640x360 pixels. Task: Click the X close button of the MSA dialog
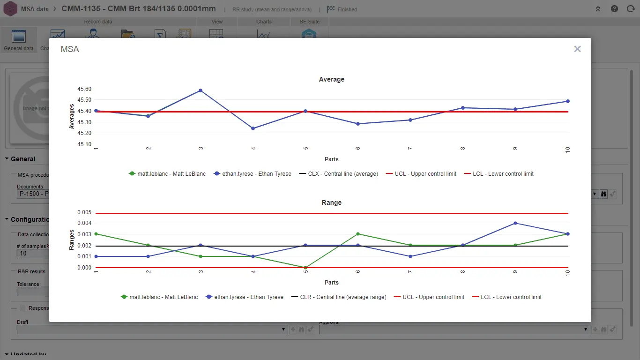tap(577, 49)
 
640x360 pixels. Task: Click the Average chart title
tap(332, 80)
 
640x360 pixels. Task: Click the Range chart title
tap(332, 203)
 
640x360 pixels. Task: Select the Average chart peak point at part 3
tap(201, 90)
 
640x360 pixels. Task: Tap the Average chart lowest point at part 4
tap(253, 128)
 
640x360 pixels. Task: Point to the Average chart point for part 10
tap(568, 101)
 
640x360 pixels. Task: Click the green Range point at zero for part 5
tap(305, 268)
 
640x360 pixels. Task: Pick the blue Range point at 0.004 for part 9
tap(515, 223)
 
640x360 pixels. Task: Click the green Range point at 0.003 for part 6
tap(358, 234)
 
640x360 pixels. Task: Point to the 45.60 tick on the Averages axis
tap(85, 89)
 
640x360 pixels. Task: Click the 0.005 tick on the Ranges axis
tap(85, 212)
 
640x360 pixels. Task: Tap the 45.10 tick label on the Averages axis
tap(85, 144)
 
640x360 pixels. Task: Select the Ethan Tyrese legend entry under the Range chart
tap(249, 297)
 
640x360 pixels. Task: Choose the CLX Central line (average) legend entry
tap(342, 174)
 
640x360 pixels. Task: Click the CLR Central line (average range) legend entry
tap(343, 297)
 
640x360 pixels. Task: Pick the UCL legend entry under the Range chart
tap(433, 297)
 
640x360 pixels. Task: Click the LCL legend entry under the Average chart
tap(503, 174)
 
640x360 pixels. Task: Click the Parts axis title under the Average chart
tap(332, 159)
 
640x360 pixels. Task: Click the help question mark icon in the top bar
tap(614, 9)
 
